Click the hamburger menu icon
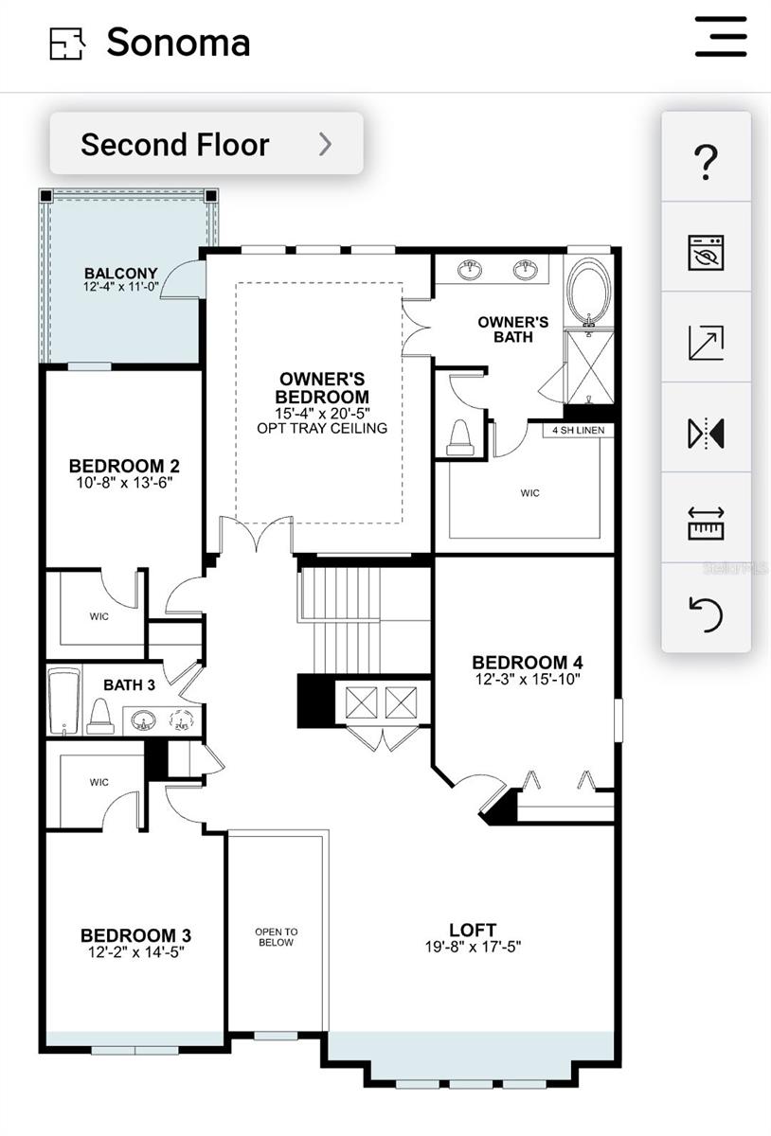pyautogui.click(x=721, y=37)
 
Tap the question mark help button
pyautogui.click(x=706, y=161)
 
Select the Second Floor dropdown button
pyautogui.click(x=206, y=144)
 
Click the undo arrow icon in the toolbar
pyautogui.click(x=706, y=614)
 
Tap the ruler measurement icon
pyautogui.click(x=706, y=524)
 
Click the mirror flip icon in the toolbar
pyautogui.click(x=706, y=434)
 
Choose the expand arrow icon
pyautogui.click(x=706, y=343)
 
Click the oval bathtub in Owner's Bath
pyautogui.click(x=589, y=293)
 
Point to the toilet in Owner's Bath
pyautogui.click(x=460, y=437)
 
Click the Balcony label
pyautogui.click(x=121, y=274)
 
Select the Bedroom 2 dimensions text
pyautogui.click(x=124, y=482)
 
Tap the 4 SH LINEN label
pyautogui.click(x=578, y=430)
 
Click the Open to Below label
pyautogui.click(x=277, y=936)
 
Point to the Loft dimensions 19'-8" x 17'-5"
pyautogui.click(x=473, y=947)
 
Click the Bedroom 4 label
pyautogui.click(x=528, y=663)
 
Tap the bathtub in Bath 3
pyautogui.click(x=64, y=701)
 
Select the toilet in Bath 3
pyautogui.click(x=100, y=716)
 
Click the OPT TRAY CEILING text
pyautogui.click(x=322, y=428)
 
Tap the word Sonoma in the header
pyautogui.click(x=178, y=42)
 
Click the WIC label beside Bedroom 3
pyautogui.click(x=99, y=782)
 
